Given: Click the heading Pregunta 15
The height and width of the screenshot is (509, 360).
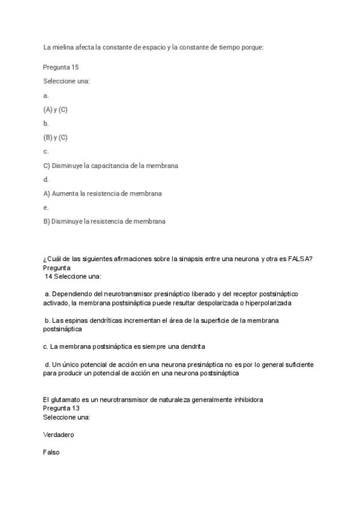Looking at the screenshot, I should coord(61,67).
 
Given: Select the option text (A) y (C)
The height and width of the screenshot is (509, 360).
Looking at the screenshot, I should coord(55,109).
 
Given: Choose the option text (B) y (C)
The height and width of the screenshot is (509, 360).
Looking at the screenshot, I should coord(55,137).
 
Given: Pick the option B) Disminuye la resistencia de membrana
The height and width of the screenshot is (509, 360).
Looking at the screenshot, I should coord(104,221).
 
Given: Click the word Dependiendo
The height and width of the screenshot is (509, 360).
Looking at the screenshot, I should coord(70,294).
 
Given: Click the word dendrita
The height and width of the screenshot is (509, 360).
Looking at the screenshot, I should coord(191,346).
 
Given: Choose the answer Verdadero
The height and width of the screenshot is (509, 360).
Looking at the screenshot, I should coord(59,435).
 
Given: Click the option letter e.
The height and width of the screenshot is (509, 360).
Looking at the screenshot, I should coord(46,208).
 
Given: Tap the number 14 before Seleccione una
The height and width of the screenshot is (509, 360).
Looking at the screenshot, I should coord(49,276).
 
